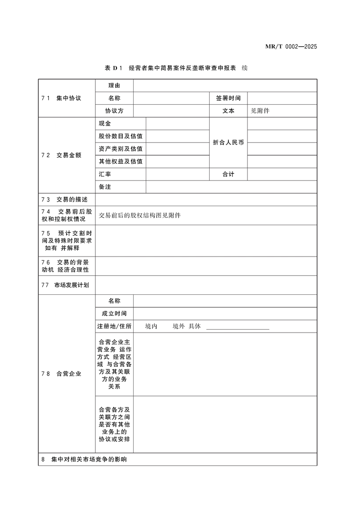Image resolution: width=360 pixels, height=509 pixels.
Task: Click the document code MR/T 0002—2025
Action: click(290, 47)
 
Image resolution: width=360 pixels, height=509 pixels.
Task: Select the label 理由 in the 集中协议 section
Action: click(114, 86)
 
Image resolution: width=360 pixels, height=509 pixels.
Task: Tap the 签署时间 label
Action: click(228, 98)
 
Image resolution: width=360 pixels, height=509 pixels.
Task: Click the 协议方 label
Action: click(114, 111)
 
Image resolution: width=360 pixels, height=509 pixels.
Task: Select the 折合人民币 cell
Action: click(228, 143)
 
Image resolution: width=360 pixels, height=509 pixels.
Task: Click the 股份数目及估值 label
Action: click(121, 136)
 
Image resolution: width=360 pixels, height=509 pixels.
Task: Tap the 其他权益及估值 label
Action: click(121, 161)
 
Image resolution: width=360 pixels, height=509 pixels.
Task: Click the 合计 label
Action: click(228, 174)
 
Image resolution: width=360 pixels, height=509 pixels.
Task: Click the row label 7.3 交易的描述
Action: click(65, 200)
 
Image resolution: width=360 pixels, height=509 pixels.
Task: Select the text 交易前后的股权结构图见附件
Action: click(140, 215)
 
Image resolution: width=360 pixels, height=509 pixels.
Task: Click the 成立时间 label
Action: click(114, 313)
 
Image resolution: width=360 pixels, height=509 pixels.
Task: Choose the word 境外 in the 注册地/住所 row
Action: click(178, 326)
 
